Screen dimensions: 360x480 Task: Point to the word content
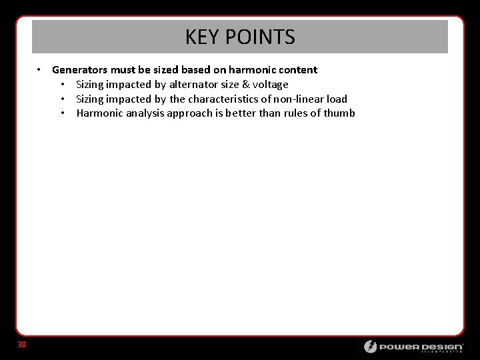click(x=296, y=70)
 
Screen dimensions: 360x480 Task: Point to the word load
click(x=337, y=99)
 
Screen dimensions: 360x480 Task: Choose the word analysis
click(x=142, y=113)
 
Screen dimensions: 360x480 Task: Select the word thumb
click(x=339, y=113)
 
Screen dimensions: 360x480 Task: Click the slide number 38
click(x=22, y=345)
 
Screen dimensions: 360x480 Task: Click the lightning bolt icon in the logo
click(x=369, y=347)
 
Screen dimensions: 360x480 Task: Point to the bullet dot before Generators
click(x=41, y=70)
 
